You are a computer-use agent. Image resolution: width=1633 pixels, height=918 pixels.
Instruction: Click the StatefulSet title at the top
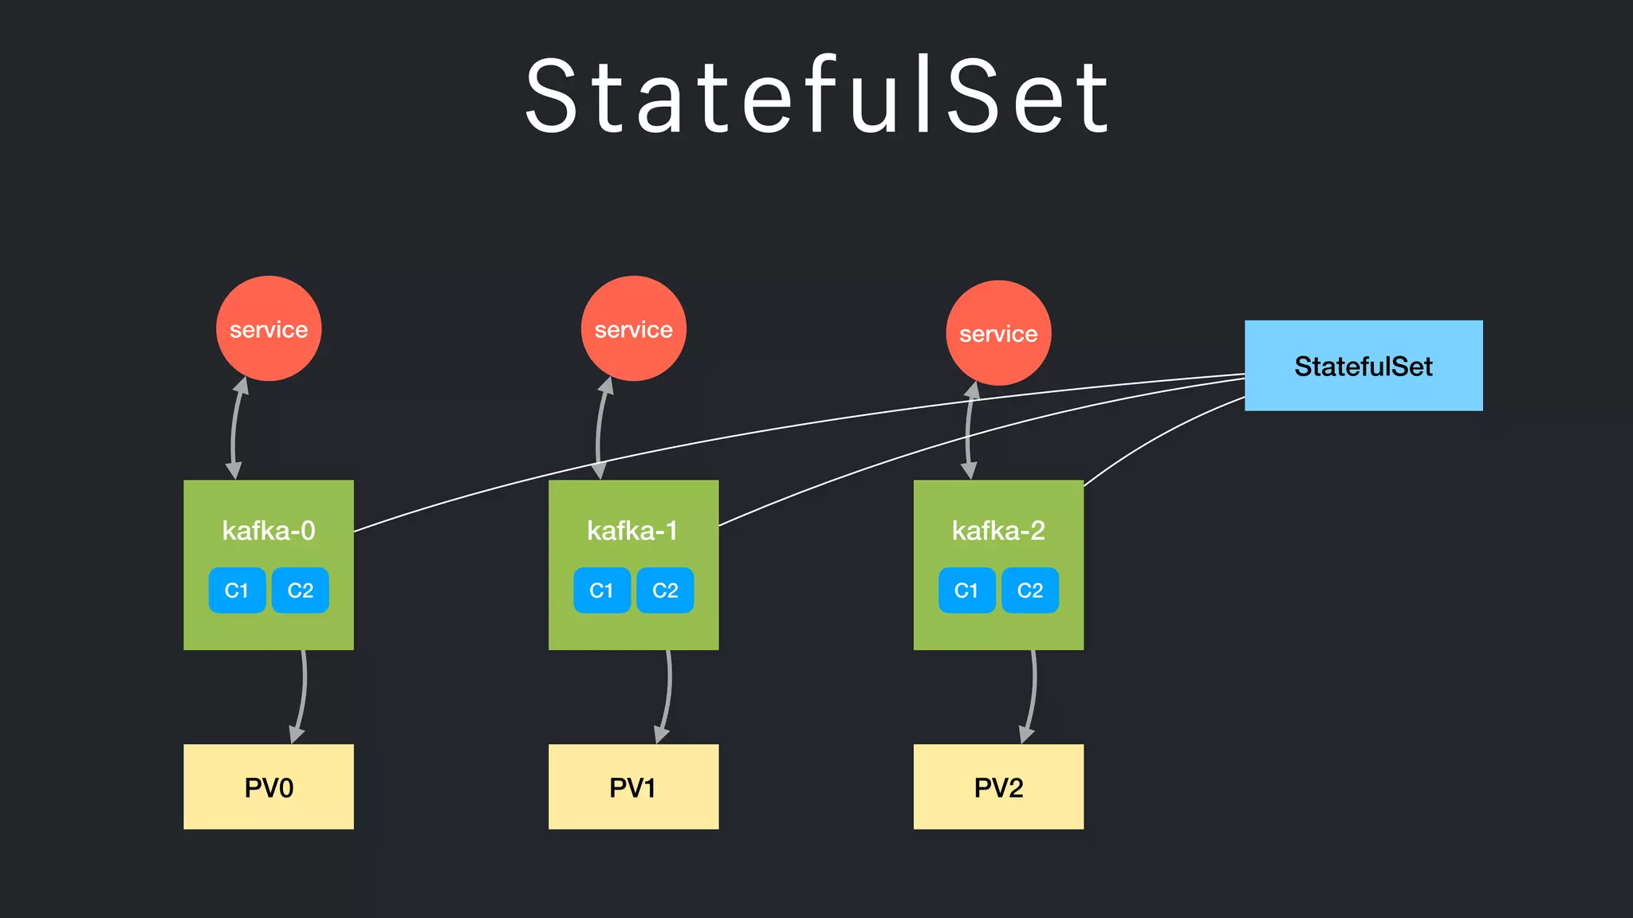[816, 96]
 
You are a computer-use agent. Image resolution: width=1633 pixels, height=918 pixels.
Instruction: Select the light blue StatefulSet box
[1363, 366]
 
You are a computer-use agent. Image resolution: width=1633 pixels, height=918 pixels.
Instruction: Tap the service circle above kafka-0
[269, 328]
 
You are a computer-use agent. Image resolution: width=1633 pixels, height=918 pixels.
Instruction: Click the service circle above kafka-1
[634, 328]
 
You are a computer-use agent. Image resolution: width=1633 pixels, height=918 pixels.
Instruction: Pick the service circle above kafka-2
[998, 333]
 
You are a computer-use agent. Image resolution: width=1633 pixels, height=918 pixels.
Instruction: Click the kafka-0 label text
[269, 531]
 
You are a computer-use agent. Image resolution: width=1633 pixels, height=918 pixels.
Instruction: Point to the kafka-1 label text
[632, 531]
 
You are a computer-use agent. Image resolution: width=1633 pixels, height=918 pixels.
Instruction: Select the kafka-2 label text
[998, 531]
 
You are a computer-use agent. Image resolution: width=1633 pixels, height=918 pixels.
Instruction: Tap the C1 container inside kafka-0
[237, 590]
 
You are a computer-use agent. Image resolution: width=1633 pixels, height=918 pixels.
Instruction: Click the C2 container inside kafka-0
[301, 590]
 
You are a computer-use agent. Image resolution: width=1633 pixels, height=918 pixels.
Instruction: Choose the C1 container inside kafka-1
[602, 590]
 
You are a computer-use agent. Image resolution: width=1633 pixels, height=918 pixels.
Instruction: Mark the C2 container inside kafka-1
[665, 590]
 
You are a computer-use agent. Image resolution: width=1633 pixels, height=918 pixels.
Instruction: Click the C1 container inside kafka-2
[966, 590]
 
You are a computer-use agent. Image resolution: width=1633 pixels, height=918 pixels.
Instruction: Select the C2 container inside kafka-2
[1030, 590]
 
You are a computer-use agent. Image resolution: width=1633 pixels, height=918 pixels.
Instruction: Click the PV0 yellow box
[269, 787]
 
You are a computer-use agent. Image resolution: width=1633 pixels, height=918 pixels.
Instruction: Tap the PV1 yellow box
[633, 787]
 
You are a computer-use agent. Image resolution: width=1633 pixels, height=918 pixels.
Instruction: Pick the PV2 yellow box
[998, 787]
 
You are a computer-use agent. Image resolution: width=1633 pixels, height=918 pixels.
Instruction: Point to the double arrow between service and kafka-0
[233, 430]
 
